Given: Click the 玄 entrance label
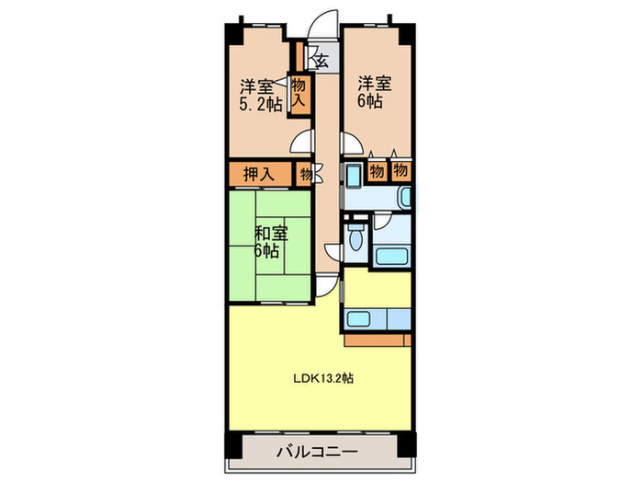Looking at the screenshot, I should tap(321, 62).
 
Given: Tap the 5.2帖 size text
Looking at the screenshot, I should tap(261, 104).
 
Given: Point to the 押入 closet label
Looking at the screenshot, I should tap(258, 172).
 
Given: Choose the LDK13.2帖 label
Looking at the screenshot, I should tap(324, 376).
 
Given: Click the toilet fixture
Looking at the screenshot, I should tap(356, 239).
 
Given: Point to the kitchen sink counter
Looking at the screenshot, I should tap(377, 319).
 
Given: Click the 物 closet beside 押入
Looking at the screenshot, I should tap(304, 172).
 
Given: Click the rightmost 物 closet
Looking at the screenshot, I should tap(400, 170).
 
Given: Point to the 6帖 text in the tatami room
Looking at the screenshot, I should tap(268, 251).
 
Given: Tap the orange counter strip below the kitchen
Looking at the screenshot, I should tap(377, 339).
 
